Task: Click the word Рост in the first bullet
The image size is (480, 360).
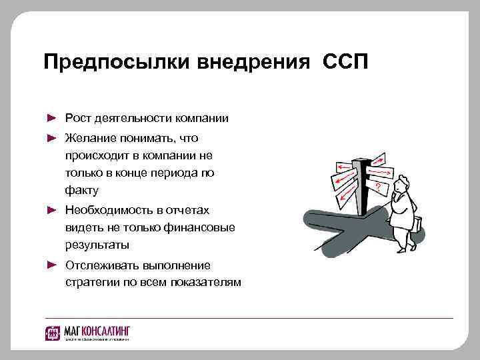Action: click(78, 118)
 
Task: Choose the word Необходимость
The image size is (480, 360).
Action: click(107, 210)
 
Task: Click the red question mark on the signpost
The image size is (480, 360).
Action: click(378, 186)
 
